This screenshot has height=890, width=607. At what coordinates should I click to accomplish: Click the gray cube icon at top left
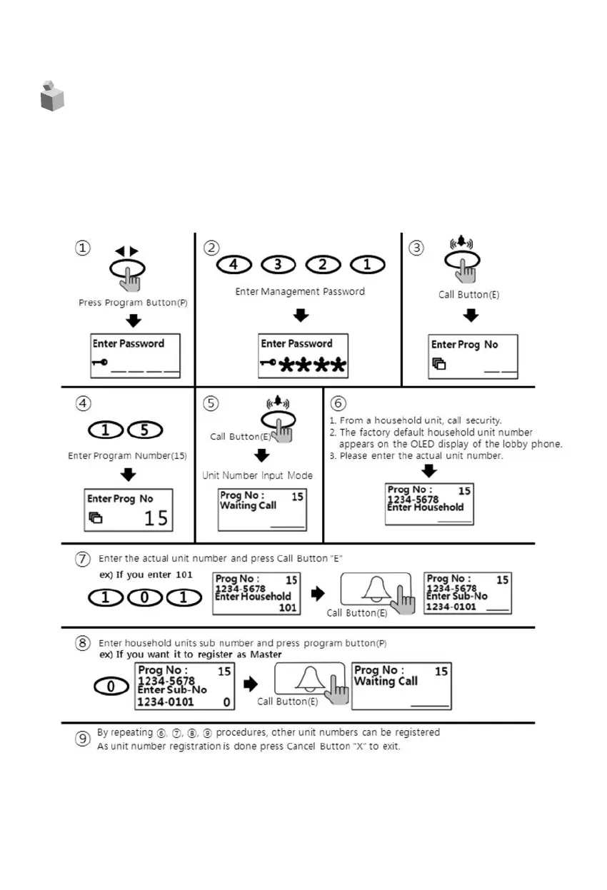coord(51,96)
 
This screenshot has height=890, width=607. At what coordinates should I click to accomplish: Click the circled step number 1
coord(84,248)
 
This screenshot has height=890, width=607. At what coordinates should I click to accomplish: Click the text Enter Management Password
coord(300,291)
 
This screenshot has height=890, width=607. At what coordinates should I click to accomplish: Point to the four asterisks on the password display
coord(313,366)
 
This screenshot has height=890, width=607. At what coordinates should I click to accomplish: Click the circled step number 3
coord(416,248)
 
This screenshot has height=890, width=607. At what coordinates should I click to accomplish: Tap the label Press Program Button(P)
coord(133,303)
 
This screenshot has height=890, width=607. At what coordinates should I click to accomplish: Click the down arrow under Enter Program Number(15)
coord(129,475)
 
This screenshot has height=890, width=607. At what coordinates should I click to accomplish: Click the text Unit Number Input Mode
coord(257,475)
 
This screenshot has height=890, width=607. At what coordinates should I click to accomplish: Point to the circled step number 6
coord(338,404)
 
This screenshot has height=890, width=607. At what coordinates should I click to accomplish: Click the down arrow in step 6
coord(429,470)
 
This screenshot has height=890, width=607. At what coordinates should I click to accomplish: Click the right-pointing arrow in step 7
coord(319,594)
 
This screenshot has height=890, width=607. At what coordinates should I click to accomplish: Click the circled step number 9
coord(84,739)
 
